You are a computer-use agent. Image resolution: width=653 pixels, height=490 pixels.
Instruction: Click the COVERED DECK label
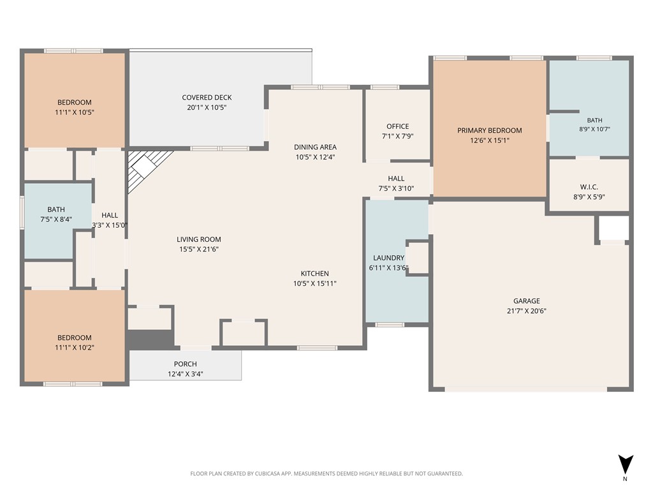[207, 98]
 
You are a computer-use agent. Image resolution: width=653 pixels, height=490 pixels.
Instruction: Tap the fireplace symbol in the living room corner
[149, 170]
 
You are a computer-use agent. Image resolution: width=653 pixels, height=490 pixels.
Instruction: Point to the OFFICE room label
[397, 126]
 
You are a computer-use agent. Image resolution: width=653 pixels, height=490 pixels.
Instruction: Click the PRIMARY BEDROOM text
[489, 130]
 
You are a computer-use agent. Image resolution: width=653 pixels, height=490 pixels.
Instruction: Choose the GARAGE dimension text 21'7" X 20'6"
[526, 311]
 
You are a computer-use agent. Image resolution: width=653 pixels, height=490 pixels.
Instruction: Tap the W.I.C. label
[589, 187]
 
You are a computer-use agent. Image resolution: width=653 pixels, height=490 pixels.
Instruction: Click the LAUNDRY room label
[388, 258]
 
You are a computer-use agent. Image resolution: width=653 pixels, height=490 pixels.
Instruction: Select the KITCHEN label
[315, 274]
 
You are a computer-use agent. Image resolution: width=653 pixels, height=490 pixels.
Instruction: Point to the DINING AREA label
[315, 147]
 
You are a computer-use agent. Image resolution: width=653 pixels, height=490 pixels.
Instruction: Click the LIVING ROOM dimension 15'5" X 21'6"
[199, 249]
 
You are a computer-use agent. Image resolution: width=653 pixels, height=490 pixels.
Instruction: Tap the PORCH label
[186, 364]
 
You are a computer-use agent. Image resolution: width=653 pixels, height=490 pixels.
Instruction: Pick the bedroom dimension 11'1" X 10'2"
[75, 348]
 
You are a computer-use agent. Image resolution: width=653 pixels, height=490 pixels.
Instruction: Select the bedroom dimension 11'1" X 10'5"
[75, 112]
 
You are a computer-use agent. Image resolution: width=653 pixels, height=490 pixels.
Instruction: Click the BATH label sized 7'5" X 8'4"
[56, 209]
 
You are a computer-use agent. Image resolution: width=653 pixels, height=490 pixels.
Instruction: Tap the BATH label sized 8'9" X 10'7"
[595, 121]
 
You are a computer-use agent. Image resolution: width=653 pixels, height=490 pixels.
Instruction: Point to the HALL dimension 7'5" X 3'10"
[396, 188]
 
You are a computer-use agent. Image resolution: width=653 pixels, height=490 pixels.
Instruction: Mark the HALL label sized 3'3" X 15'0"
[110, 216]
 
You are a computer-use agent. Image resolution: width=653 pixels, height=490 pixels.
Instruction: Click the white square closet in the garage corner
[614, 228]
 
